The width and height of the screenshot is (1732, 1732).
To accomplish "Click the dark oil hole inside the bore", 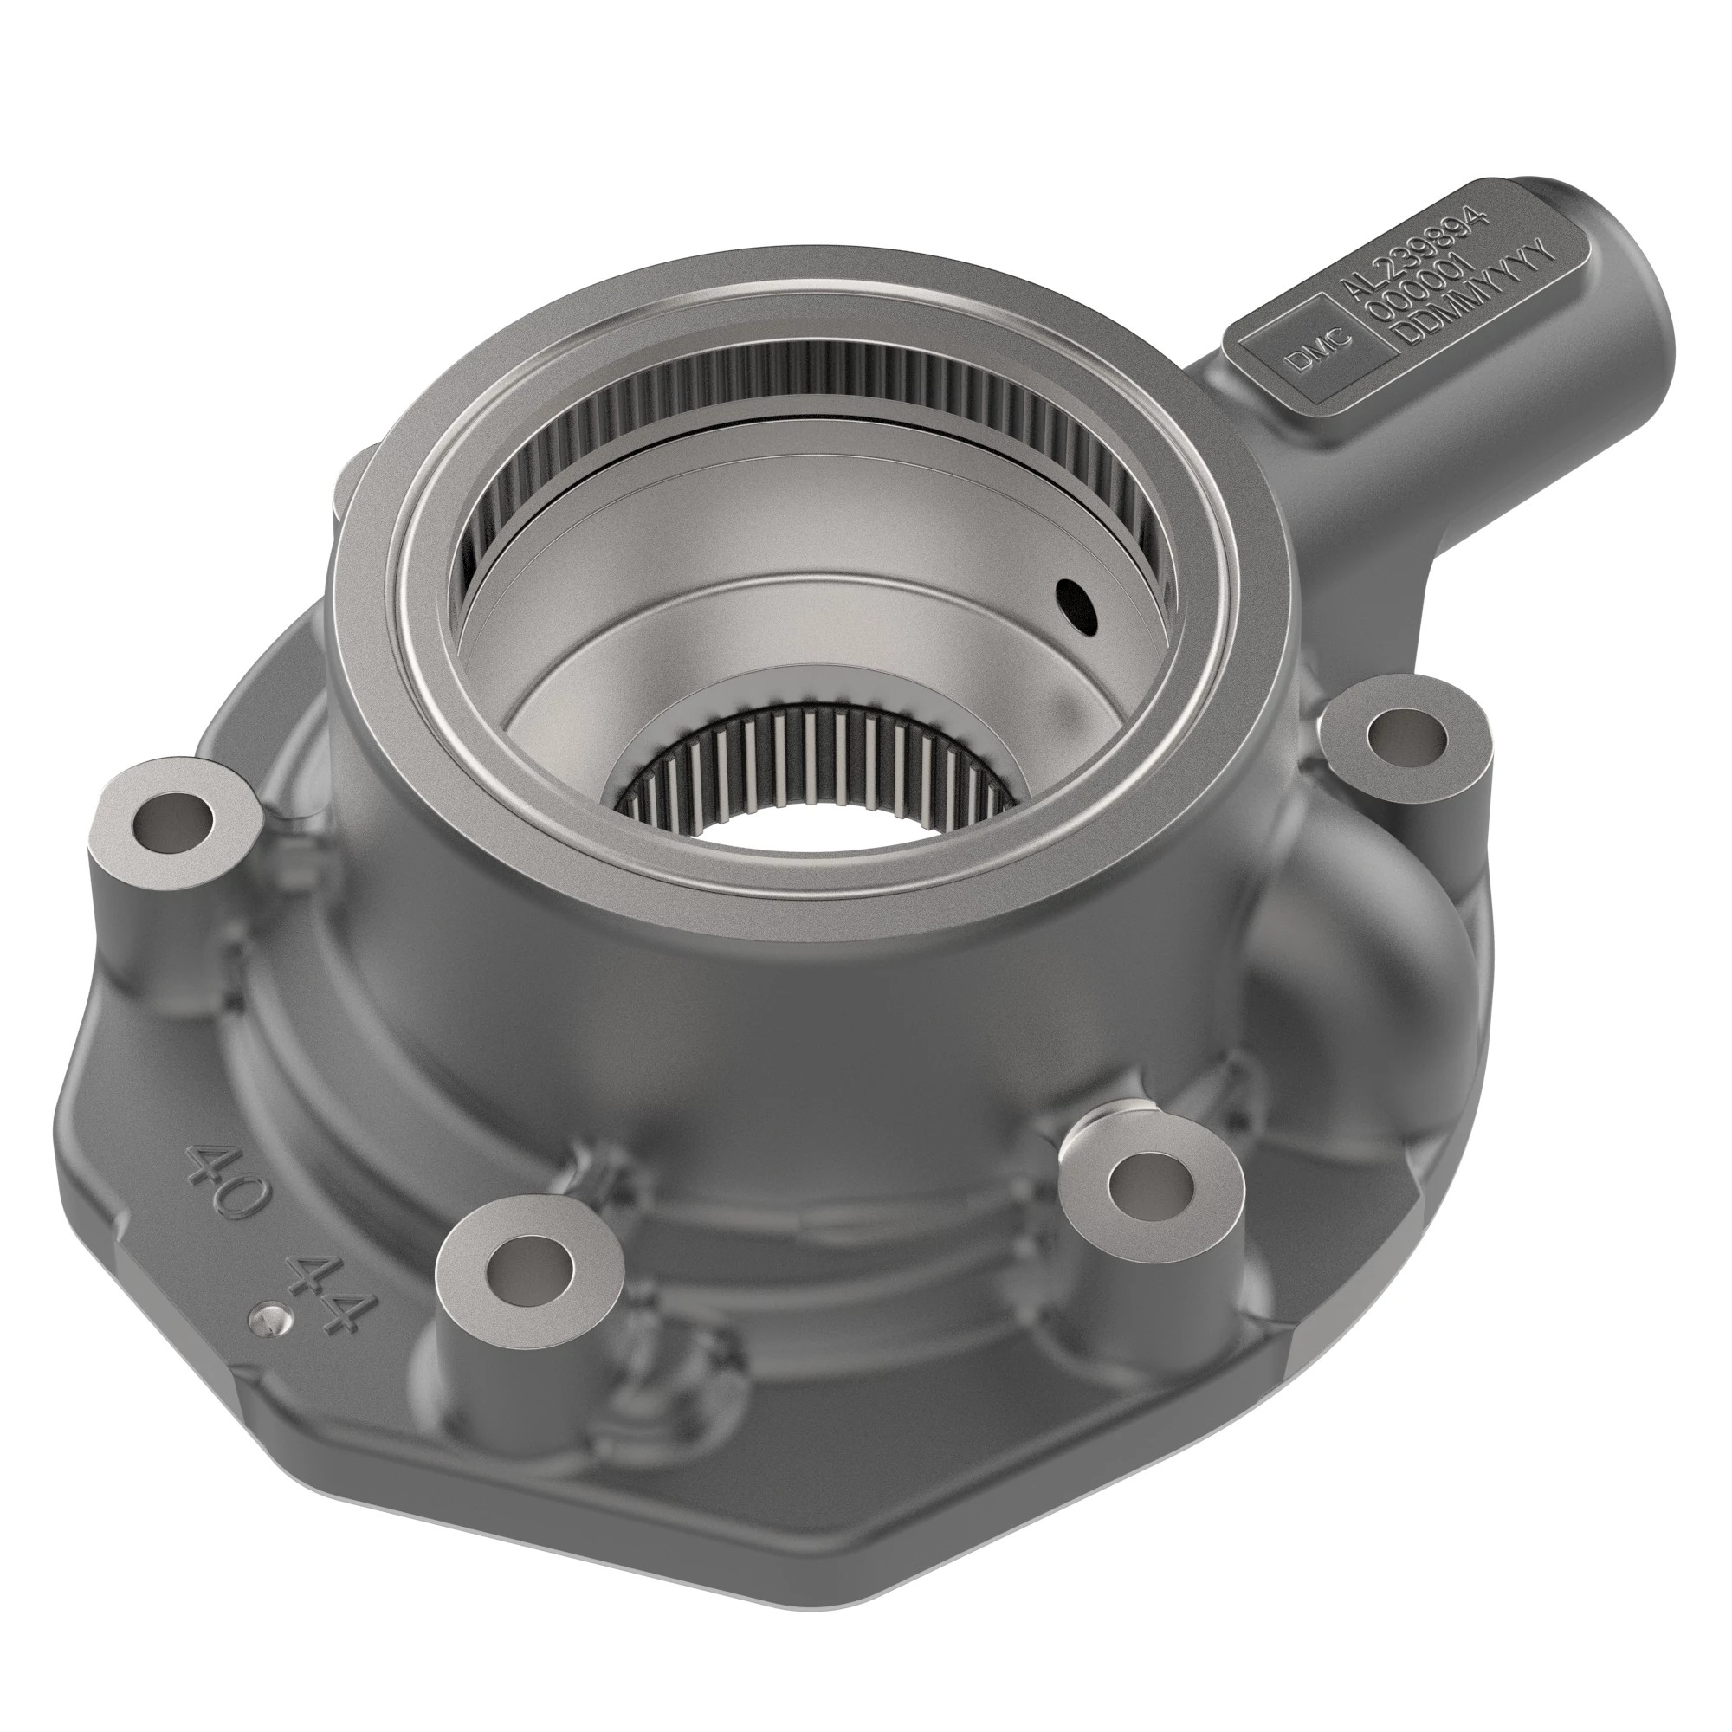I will (x=1076, y=606).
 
